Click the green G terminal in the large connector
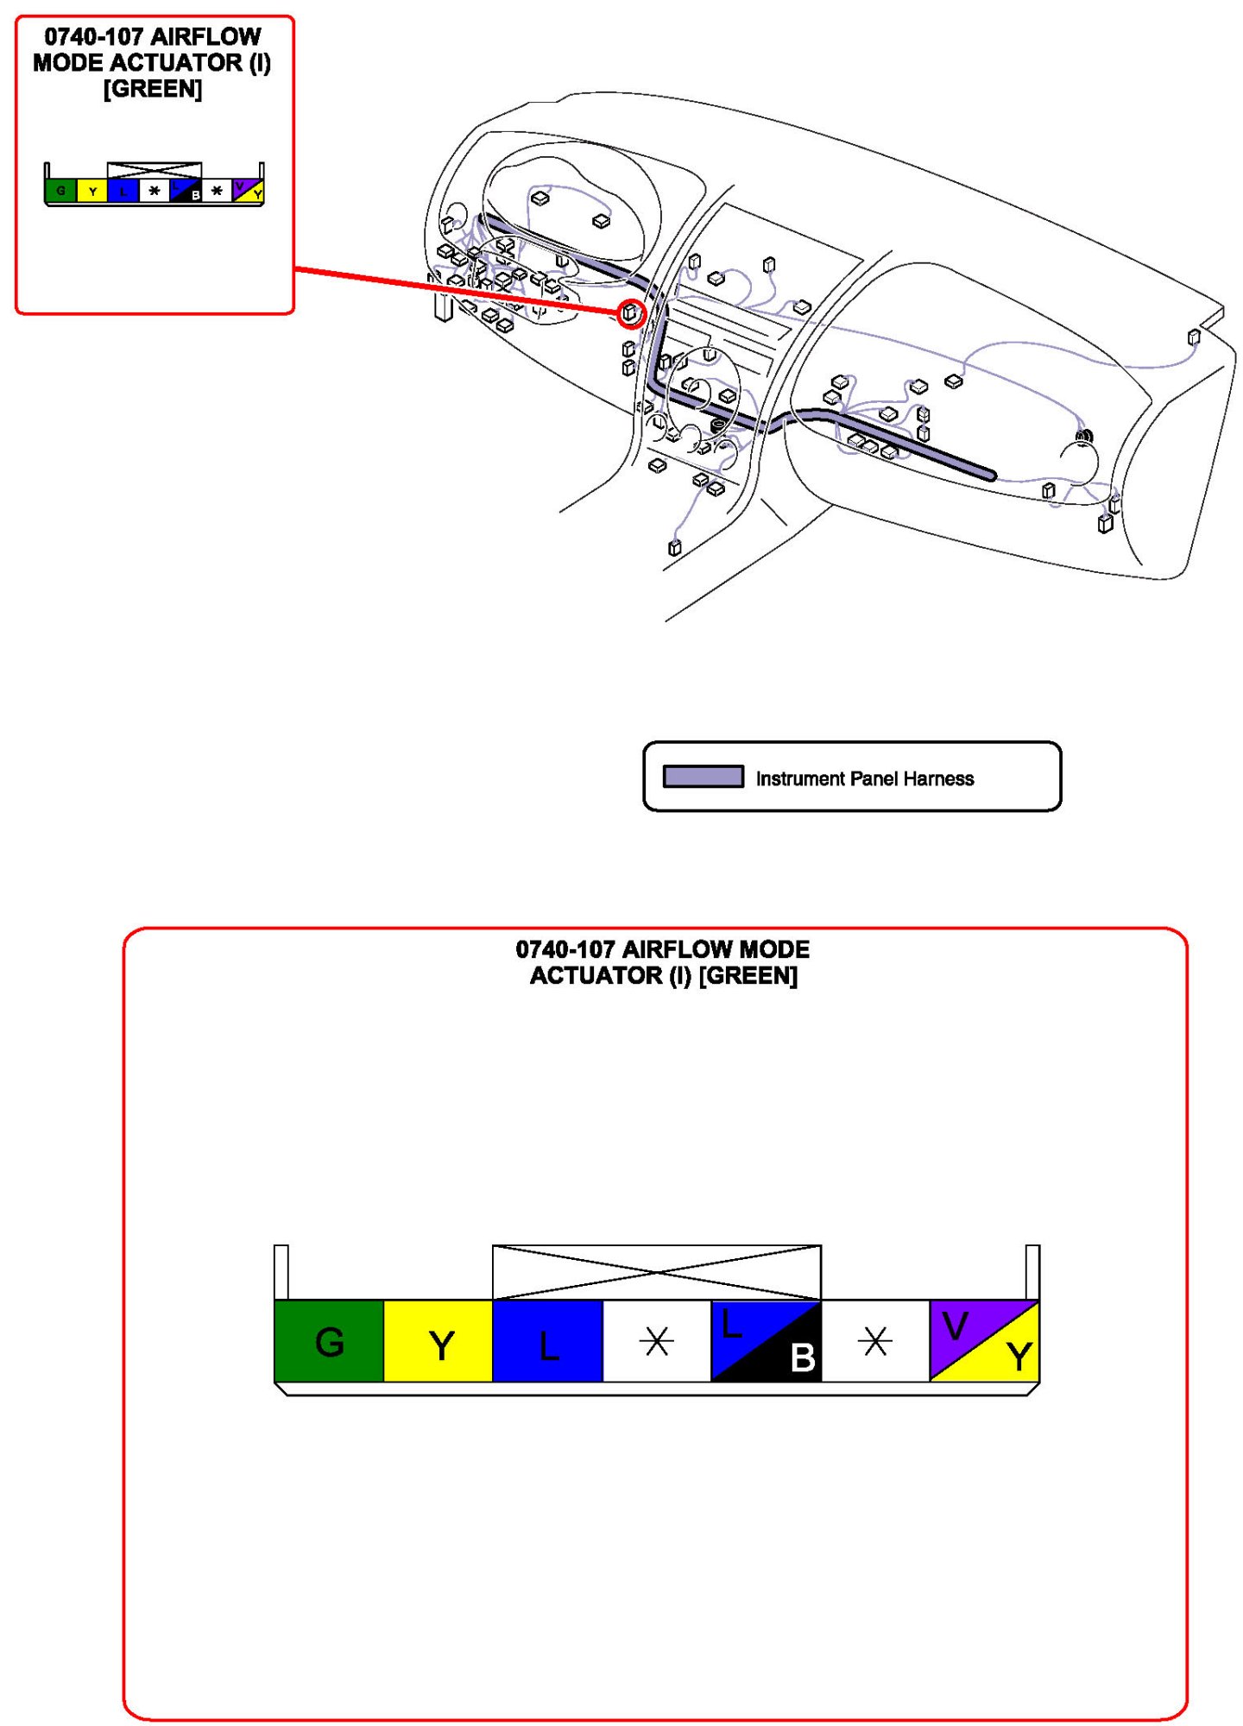click(x=329, y=1340)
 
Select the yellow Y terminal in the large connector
click(x=438, y=1340)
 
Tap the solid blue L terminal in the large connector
click(x=547, y=1340)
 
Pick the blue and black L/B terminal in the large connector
click(x=766, y=1340)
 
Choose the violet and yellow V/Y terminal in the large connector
click(x=984, y=1340)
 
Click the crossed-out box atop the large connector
click(x=656, y=1272)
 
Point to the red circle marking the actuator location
click(x=631, y=313)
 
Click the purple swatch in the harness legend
click(x=703, y=777)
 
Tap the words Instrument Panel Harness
click(x=864, y=778)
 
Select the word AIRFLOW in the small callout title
click(x=205, y=37)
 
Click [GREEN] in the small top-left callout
click(x=153, y=89)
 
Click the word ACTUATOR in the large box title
click(x=596, y=975)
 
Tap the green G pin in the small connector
click(x=60, y=191)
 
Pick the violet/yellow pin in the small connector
click(x=248, y=190)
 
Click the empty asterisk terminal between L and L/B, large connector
click(x=656, y=1340)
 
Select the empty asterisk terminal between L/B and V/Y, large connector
click(x=874, y=1340)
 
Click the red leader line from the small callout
click(x=457, y=292)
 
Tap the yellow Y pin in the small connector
click(x=92, y=191)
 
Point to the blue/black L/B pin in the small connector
click(x=186, y=191)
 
